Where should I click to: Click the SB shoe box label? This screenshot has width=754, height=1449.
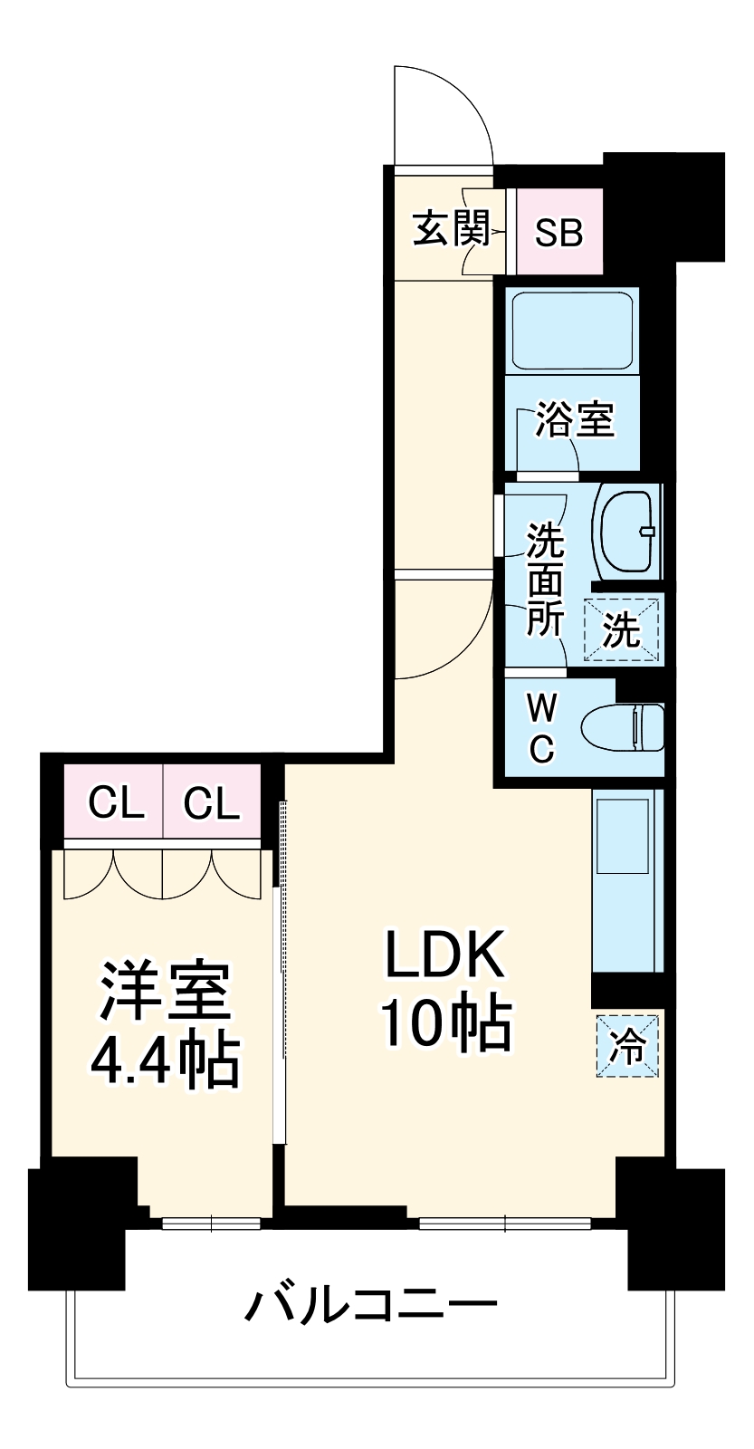pyautogui.click(x=558, y=233)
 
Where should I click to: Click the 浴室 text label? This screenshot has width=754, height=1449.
pyautogui.click(x=574, y=419)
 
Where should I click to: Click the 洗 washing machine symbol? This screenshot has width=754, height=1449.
pyautogui.click(x=622, y=629)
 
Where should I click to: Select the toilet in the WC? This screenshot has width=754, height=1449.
pyautogui.click(x=625, y=727)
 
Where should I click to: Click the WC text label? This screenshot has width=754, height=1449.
pyautogui.click(x=541, y=725)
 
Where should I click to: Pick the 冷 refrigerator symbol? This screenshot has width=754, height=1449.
pyautogui.click(x=626, y=1046)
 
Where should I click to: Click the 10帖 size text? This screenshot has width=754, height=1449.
pyautogui.click(x=445, y=1023)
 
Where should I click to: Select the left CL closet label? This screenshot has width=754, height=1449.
pyautogui.click(x=115, y=802)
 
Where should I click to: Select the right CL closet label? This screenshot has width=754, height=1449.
pyautogui.click(x=212, y=802)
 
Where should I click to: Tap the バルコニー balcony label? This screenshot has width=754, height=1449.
pyautogui.click(x=371, y=1305)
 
